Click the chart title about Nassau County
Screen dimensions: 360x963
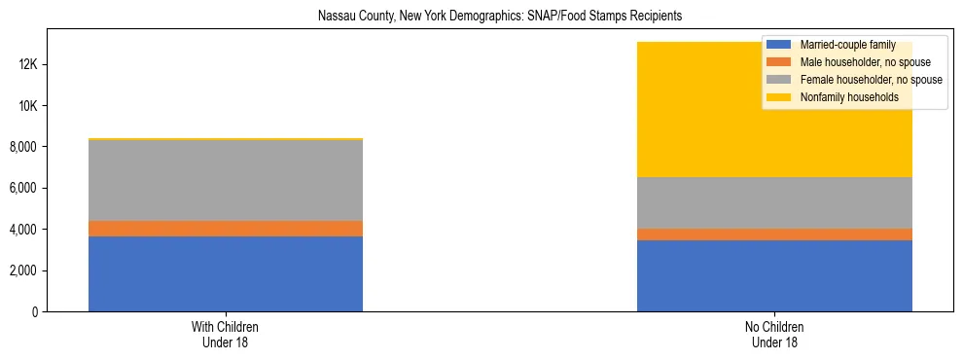[x=481, y=17]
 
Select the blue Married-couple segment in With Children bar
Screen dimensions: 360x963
[x=226, y=273]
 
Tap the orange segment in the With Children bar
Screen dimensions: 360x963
[x=226, y=229]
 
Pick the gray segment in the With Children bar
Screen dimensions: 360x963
[x=226, y=181]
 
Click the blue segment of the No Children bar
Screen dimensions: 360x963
[x=774, y=275]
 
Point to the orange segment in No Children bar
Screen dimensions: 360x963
[x=774, y=234]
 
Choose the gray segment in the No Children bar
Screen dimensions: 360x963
[x=774, y=202]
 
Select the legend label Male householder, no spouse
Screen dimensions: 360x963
[x=865, y=62]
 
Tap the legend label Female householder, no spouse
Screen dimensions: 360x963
[x=870, y=80]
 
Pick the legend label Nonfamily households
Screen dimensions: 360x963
[x=847, y=97]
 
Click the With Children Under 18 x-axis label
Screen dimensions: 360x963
[x=226, y=334]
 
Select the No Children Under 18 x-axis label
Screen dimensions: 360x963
[x=774, y=334]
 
